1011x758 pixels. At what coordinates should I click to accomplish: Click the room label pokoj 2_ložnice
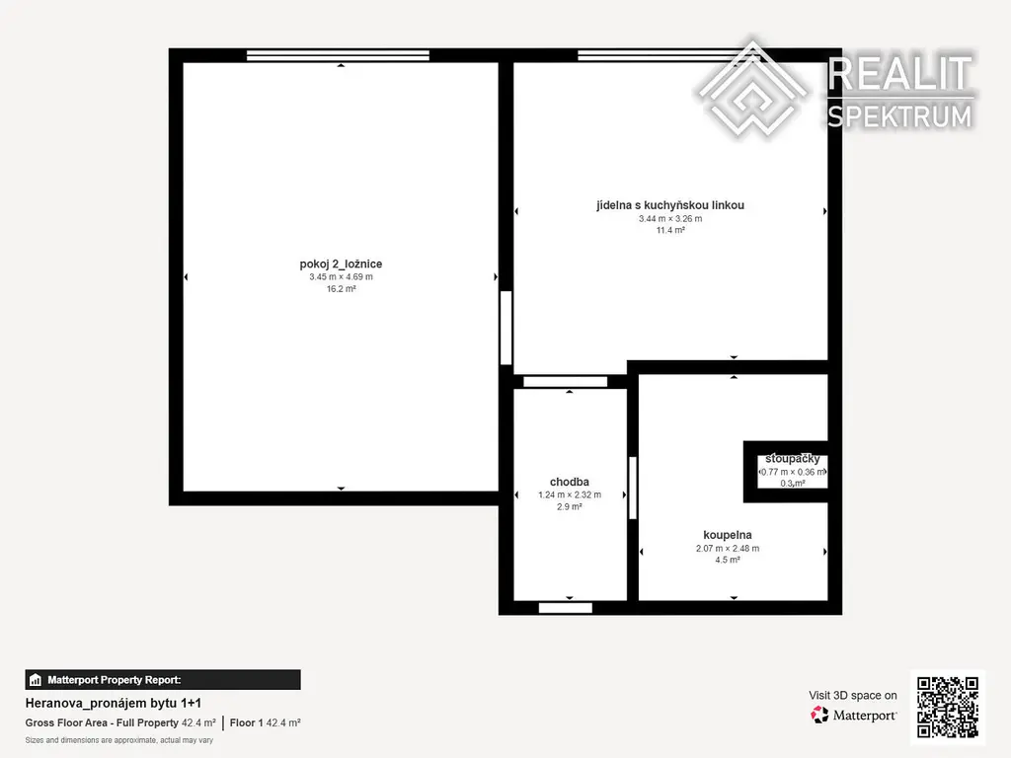tap(341, 264)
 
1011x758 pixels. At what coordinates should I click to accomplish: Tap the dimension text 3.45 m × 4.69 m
tap(341, 277)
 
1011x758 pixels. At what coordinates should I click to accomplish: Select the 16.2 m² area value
tap(341, 289)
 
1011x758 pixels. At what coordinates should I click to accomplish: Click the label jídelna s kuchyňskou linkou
tap(670, 205)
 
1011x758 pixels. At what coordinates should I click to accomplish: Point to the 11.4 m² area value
tap(670, 230)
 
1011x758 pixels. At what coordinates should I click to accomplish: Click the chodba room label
tap(570, 482)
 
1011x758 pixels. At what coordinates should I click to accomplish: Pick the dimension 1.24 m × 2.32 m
tap(570, 495)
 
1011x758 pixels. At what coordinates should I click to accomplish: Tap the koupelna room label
tap(728, 535)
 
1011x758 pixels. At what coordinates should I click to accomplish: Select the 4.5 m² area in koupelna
tap(728, 560)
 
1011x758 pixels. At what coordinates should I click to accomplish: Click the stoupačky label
tap(793, 459)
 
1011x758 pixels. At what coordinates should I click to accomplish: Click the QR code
tap(948, 707)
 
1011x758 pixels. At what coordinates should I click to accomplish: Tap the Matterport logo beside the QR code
tap(853, 715)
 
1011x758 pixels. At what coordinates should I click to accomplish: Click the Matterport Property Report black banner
tap(163, 679)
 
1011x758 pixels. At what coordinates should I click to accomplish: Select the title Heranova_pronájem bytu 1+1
tap(114, 703)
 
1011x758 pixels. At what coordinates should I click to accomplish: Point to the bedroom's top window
tap(338, 55)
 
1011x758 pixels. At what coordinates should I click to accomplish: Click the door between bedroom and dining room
tap(506, 328)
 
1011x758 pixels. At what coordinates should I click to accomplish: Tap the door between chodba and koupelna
tap(633, 488)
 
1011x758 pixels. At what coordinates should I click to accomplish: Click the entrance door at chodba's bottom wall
tap(566, 608)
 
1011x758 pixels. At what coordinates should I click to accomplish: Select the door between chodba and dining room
tap(565, 382)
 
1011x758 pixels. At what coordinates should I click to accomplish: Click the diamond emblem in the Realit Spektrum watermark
tap(751, 89)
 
